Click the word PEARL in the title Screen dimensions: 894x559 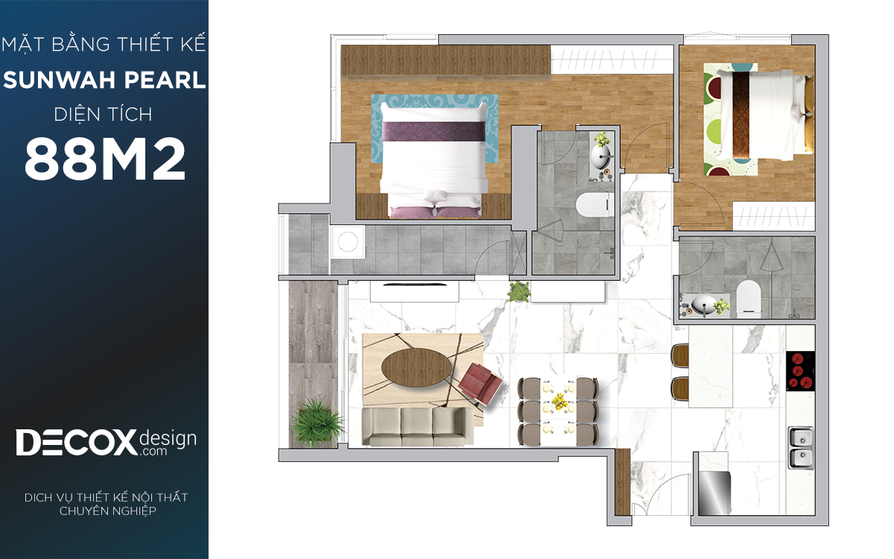tap(165, 80)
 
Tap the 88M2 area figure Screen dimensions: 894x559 tap(105, 159)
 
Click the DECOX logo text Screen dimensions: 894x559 tap(76, 443)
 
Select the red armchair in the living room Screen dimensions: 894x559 tap(480, 383)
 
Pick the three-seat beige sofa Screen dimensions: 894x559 tap(418, 426)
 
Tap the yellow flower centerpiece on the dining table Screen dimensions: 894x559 tap(559, 402)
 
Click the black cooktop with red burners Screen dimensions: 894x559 tap(800, 371)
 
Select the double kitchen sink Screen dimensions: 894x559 tap(801, 448)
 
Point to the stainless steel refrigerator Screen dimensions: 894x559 tap(714, 493)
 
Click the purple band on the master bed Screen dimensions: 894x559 tap(434, 132)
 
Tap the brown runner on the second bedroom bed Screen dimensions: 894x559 tap(741, 116)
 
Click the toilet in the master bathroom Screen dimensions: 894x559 tap(595, 204)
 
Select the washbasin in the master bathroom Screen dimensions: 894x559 tap(601, 157)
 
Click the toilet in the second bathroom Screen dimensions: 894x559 tap(748, 298)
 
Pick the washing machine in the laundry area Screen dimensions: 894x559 tap(348, 242)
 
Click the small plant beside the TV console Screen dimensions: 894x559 tap(519, 291)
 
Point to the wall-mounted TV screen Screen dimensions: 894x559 tap(415, 285)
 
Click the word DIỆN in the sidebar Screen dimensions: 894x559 tap(77, 115)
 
